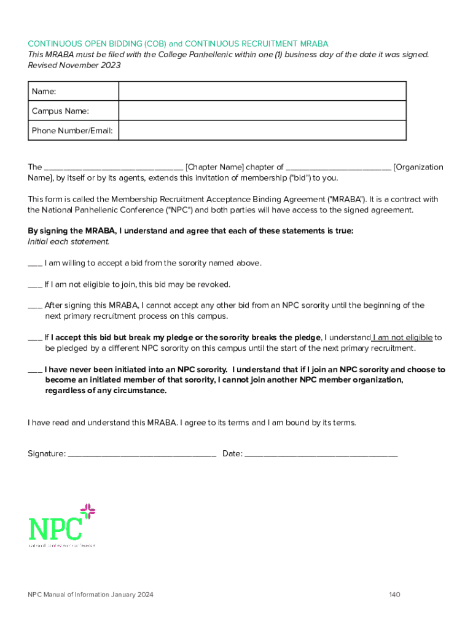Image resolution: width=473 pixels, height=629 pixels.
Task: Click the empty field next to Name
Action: [x=262, y=91]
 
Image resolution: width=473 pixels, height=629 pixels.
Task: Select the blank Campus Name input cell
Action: [x=262, y=111]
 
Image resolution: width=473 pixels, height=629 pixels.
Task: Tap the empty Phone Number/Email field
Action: [x=262, y=130]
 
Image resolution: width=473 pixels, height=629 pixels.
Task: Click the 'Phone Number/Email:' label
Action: [x=72, y=130]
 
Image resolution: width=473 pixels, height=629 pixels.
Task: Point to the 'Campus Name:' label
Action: [x=60, y=111]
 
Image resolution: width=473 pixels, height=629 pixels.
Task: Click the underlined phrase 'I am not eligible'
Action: [x=402, y=337]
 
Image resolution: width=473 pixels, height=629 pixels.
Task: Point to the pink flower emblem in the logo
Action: [x=88, y=511]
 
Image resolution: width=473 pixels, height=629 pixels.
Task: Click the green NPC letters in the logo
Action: [x=55, y=529]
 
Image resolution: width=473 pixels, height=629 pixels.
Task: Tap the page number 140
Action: [x=394, y=595]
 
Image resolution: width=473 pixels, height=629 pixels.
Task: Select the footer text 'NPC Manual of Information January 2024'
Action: [x=90, y=595]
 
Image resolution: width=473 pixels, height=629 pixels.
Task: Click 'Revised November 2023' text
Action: [x=74, y=65]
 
